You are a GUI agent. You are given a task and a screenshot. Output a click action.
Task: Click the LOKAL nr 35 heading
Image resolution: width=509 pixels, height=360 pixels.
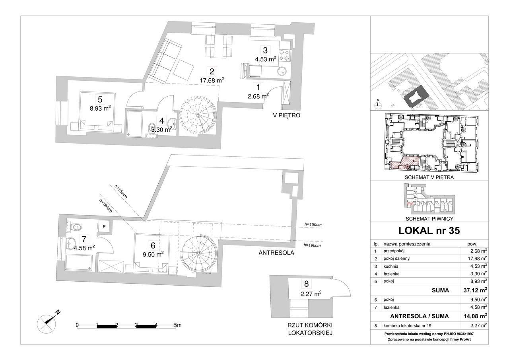coord(429,231)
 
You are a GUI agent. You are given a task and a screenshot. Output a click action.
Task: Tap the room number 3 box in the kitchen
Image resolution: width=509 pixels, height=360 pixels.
coord(265,50)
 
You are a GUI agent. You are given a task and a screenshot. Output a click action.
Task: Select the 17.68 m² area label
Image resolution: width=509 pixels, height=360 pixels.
coord(212,80)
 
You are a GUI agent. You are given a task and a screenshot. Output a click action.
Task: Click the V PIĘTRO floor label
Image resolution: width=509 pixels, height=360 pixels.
coord(287,115)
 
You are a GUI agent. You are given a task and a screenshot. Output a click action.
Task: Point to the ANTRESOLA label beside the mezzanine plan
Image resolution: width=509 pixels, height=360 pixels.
coord(276,253)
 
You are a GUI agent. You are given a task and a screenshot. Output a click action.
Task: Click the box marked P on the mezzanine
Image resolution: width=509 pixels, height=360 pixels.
coord(104,226)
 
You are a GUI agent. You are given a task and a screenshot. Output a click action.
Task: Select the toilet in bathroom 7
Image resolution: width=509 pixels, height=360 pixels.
coord(75,227)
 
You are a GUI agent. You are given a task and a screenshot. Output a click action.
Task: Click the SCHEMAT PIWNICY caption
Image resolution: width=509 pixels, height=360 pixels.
coord(429,219)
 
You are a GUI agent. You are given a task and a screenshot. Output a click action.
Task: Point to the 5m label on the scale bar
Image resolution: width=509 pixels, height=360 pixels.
coord(178,325)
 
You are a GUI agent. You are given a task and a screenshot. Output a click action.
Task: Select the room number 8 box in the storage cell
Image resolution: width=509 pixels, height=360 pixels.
coord(306,284)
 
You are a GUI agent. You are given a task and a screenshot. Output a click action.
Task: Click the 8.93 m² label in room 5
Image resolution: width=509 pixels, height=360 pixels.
coord(100,109)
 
